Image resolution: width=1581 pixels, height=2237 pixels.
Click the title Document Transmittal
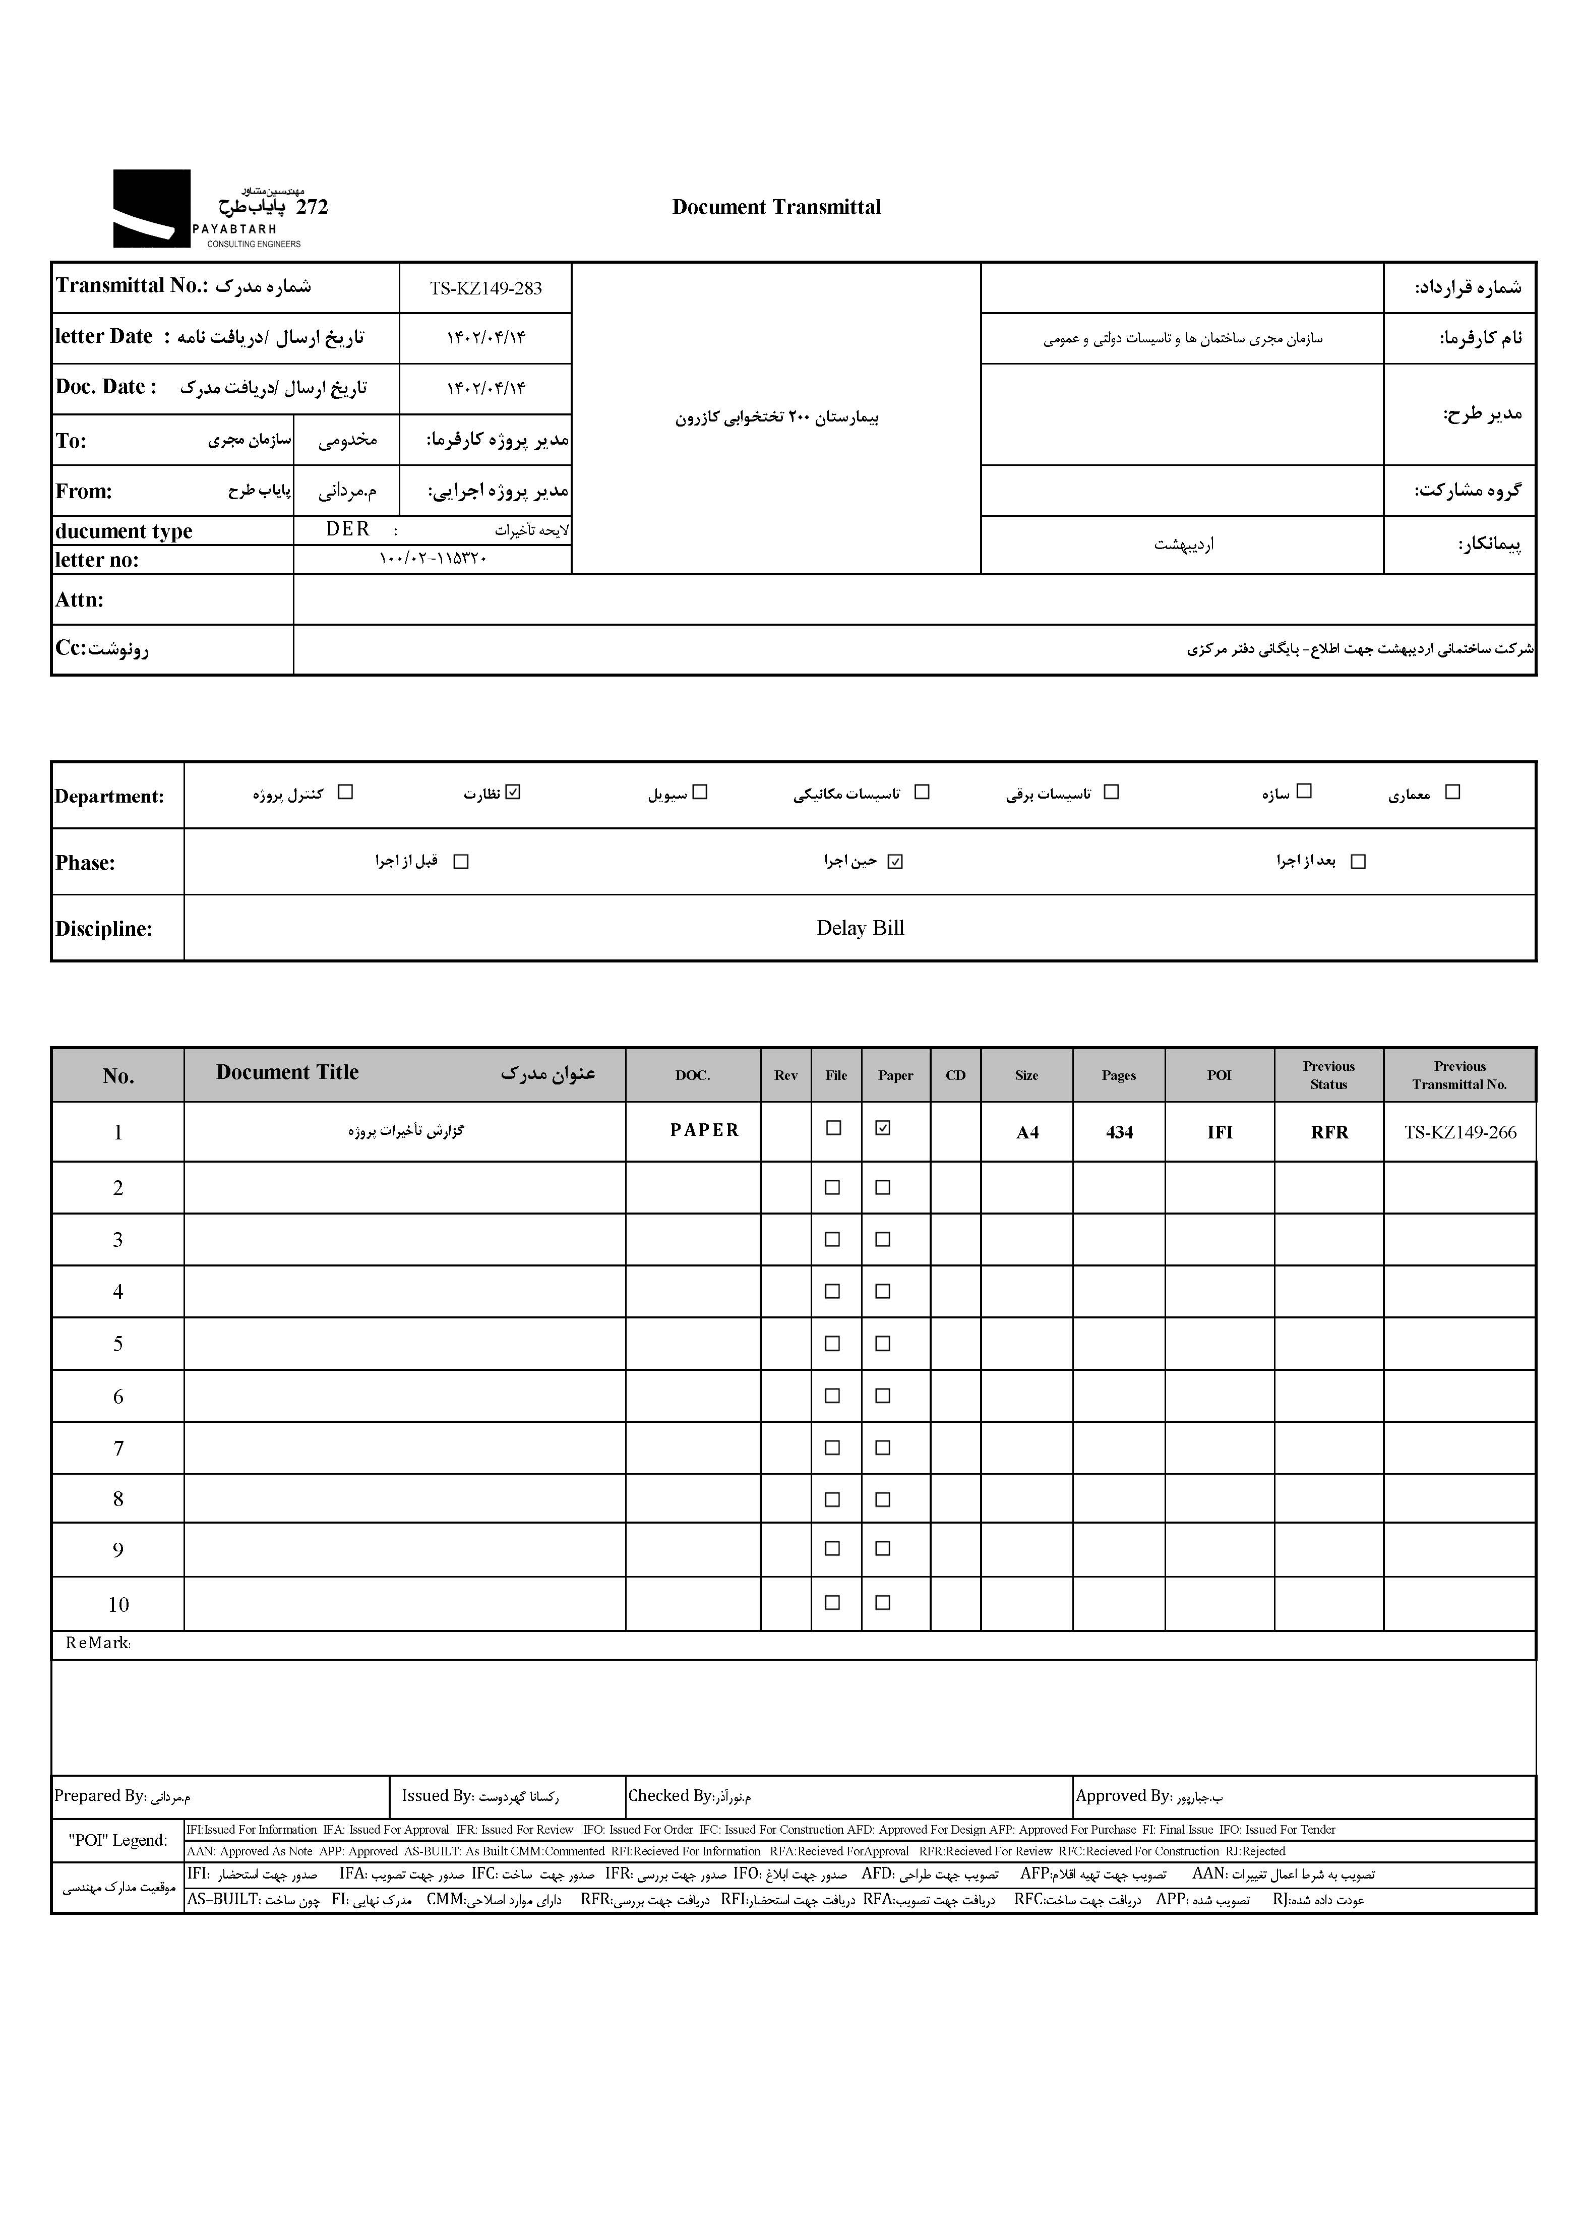776,207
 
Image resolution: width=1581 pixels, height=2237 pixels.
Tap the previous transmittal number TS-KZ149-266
1459,1132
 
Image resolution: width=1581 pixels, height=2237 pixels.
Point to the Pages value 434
1119,1132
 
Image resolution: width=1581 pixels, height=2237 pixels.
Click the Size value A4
1027,1132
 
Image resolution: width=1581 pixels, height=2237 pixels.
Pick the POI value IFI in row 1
1220,1132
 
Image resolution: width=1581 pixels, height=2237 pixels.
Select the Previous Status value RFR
1329,1132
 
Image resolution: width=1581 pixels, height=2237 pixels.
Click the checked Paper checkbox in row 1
883,1128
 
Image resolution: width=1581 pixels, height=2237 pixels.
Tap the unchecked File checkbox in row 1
834,1128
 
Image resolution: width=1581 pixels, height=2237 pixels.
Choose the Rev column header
785,1075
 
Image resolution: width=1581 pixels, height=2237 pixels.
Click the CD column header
956,1075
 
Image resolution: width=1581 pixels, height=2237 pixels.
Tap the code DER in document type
348,529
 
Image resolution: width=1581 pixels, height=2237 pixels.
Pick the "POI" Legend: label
118,1840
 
